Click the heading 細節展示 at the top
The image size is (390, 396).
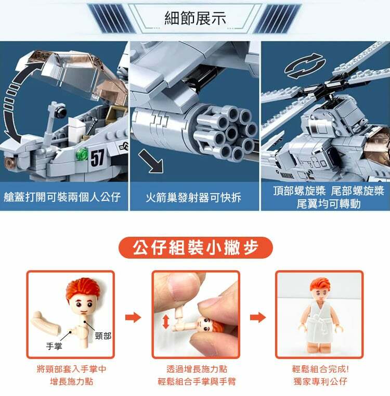(195, 18)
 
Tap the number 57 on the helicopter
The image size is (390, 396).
(97, 158)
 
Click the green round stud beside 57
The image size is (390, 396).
(82, 154)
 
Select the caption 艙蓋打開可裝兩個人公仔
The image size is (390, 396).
(62, 197)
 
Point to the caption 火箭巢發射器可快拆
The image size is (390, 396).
(193, 198)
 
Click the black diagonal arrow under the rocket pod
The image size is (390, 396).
(151, 161)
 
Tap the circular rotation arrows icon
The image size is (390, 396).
(305, 66)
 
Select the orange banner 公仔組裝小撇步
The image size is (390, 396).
(196, 247)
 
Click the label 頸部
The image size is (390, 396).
(103, 336)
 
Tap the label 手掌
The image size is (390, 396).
(54, 346)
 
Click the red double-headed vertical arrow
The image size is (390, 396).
(166, 322)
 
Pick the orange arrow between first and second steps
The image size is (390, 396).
(133, 317)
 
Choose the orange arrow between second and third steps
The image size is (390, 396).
(258, 317)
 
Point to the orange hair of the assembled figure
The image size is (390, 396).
(320, 285)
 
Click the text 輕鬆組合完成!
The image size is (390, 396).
(320, 369)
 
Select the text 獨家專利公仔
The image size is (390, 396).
(320, 381)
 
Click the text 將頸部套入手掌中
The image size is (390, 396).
(71, 369)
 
